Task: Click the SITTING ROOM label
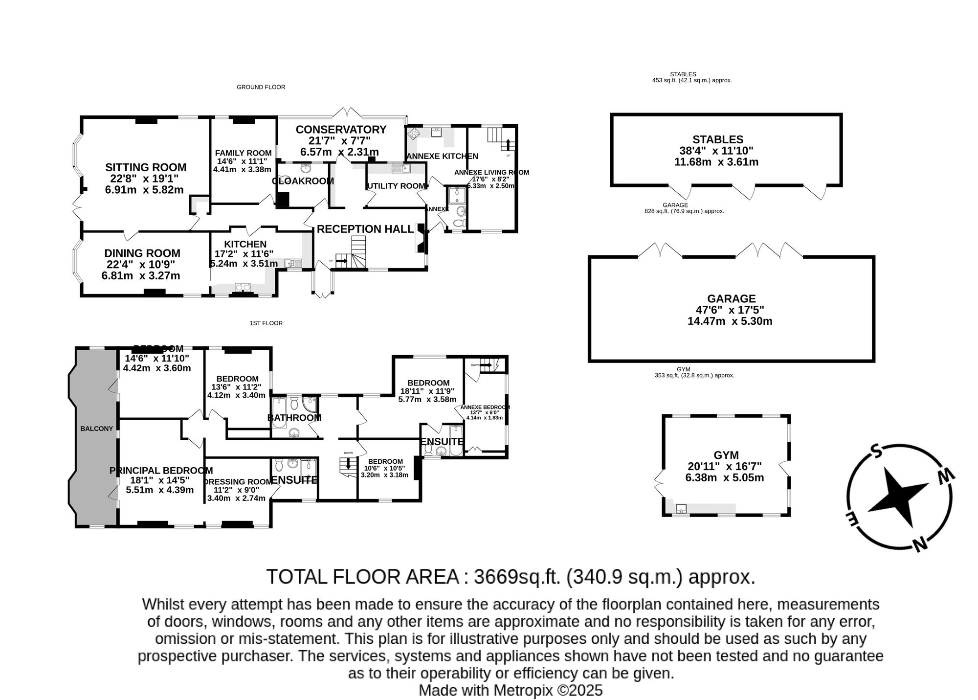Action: point(146,167)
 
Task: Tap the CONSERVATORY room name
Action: point(341,130)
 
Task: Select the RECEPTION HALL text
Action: point(365,229)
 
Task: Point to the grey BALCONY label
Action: point(96,429)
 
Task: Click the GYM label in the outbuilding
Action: point(726,455)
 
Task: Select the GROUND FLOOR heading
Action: point(261,87)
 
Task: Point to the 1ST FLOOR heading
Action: point(266,323)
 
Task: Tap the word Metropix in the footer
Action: point(524,691)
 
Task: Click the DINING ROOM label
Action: point(142,253)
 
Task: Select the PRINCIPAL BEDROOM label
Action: point(161,471)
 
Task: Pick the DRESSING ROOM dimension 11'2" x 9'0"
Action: point(236,490)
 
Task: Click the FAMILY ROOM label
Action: point(243,153)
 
